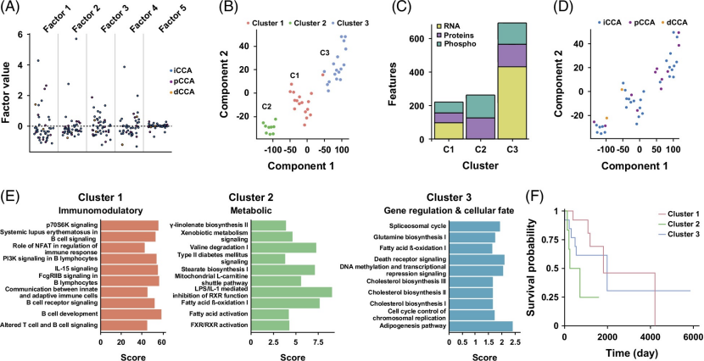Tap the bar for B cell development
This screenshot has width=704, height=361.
(x=130, y=314)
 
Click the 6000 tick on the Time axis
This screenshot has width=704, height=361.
(x=692, y=337)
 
